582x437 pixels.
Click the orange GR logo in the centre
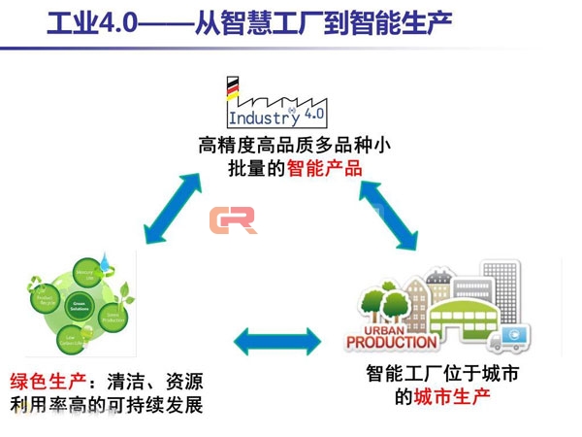tap(232, 220)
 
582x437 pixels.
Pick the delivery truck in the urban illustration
tap(509, 339)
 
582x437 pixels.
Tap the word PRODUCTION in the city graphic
tap(392, 342)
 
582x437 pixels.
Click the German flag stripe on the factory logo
tap(232, 88)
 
